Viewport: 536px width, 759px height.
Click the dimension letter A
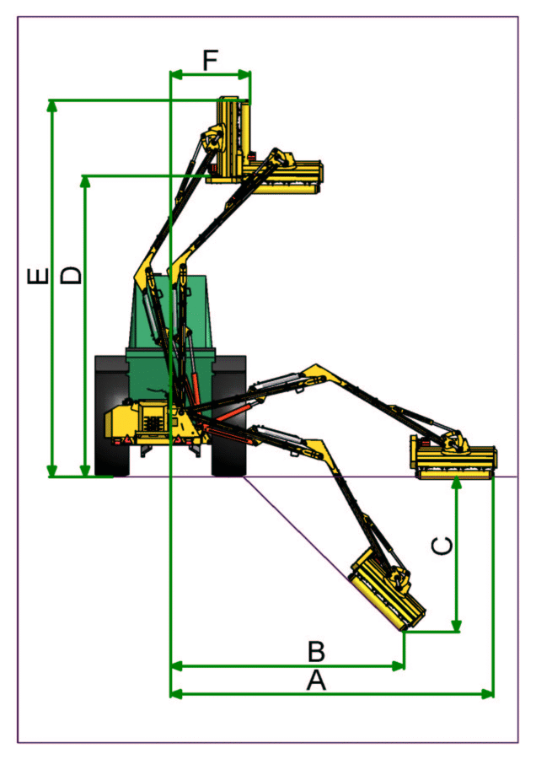point(315,681)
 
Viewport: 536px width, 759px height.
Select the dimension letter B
point(315,652)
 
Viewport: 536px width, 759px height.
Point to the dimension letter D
point(72,275)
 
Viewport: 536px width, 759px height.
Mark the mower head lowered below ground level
point(387,589)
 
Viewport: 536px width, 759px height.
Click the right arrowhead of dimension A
point(489,693)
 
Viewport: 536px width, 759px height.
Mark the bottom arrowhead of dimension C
point(457,627)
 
